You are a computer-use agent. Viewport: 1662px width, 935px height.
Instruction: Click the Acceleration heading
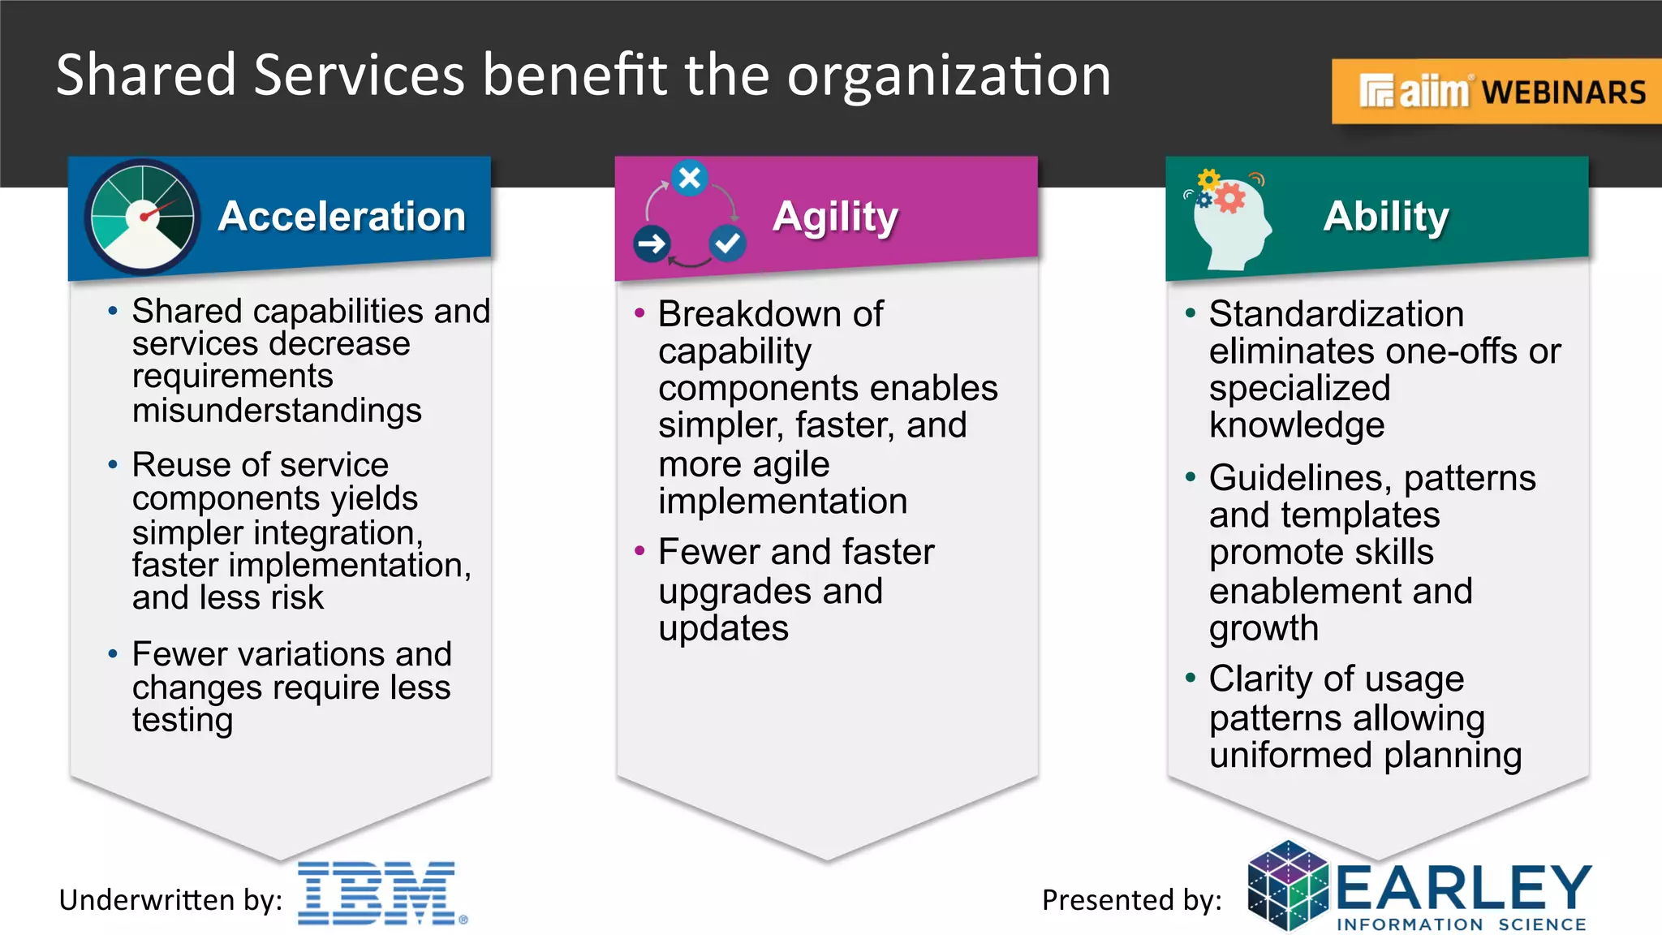tap(342, 217)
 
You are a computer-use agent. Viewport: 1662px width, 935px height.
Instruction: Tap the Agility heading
tap(835, 218)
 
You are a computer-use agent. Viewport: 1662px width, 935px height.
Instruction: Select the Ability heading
tap(1386, 217)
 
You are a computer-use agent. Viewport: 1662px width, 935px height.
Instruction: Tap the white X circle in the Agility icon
tap(690, 177)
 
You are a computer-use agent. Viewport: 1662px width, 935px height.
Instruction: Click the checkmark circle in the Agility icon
tap(727, 243)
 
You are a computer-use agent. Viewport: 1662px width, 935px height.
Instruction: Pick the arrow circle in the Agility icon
tap(652, 243)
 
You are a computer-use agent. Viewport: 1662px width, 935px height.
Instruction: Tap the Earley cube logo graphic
tap(1288, 885)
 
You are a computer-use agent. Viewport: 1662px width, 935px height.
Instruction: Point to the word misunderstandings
tap(277, 411)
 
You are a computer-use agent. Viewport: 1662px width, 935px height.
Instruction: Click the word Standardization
tap(1336, 314)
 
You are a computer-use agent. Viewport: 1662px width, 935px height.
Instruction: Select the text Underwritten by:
tap(170, 900)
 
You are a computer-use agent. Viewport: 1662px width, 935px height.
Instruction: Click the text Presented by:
tap(1131, 900)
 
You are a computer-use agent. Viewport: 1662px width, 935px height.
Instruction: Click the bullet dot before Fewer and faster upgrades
tap(639, 551)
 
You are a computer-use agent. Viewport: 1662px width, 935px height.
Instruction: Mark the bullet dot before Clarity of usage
tap(1190, 678)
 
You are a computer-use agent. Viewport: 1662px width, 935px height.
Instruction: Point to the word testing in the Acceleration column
tap(183, 721)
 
